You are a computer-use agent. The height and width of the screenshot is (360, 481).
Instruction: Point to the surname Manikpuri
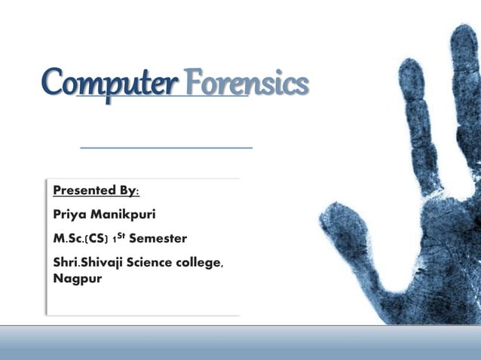click(123, 215)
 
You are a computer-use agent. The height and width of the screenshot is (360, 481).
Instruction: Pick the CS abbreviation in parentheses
click(99, 239)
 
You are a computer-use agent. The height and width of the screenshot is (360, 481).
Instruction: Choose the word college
click(201, 264)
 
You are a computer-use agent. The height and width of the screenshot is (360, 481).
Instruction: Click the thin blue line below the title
click(166, 148)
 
